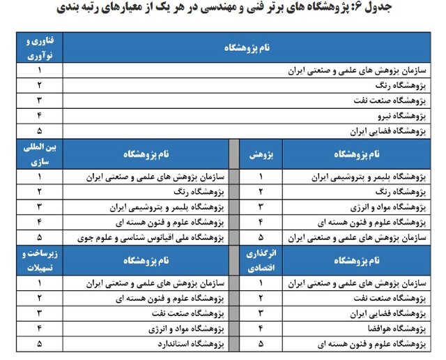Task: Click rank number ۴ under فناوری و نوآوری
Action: [40, 115]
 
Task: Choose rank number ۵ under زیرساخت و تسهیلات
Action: [40, 344]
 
